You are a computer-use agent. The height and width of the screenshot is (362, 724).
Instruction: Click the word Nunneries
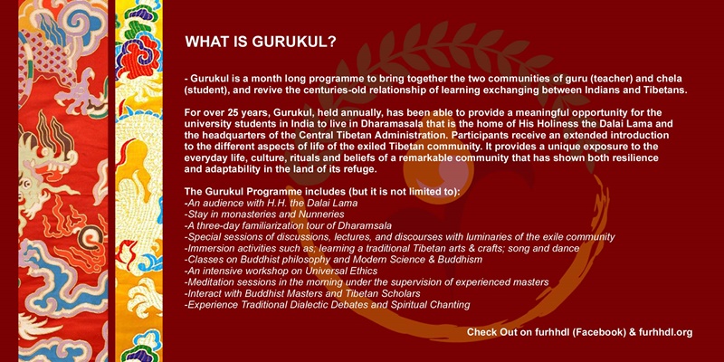[325, 214]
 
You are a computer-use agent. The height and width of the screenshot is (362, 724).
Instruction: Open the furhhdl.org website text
[666, 332]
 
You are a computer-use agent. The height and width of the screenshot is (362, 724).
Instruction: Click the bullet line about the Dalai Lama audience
[271, 203]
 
